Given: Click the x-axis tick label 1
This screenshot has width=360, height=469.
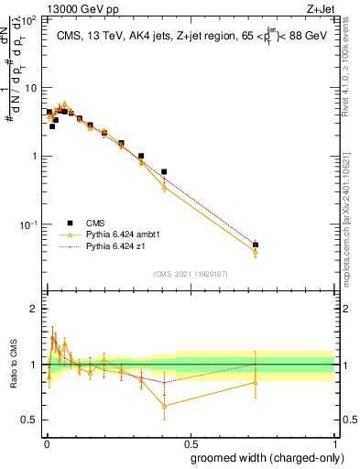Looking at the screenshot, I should tap(333, 442).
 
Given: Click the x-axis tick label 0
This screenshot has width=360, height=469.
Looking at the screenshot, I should tap(45, 442).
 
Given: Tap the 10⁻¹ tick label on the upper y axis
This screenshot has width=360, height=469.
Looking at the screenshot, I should tap(30, 224).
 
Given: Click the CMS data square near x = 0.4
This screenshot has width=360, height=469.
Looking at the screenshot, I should tap(164, 171).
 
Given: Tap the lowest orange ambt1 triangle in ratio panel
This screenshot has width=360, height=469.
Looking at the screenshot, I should tap(164, 405).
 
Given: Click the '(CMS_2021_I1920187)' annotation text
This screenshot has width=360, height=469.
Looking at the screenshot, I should tap(190, 273).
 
